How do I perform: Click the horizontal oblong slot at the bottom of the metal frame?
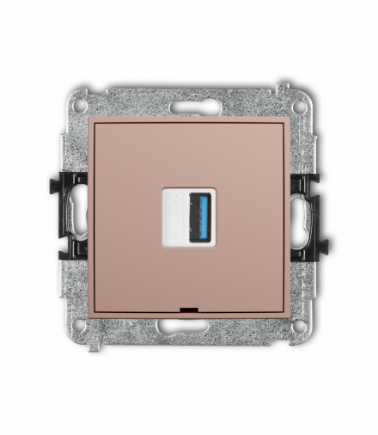click(x=188, y=326)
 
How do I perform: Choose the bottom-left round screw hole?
click(x=80, y=326)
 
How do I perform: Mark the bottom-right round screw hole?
click(x=296, y=326)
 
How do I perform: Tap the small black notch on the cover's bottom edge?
click(x=188, y=307)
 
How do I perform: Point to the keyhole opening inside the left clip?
click(x=77, y=215)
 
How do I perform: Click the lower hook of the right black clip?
click(x=320, y=248)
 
